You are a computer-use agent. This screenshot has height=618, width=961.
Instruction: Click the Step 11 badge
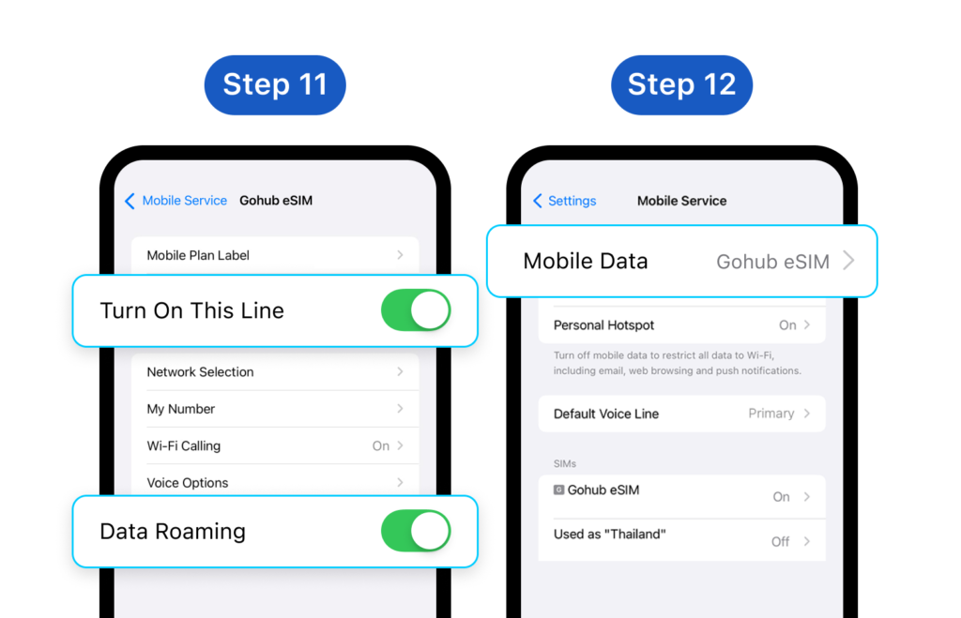(275, 84)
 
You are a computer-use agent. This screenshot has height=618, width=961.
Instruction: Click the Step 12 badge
(681, 84)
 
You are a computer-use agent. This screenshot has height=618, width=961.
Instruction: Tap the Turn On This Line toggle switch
(416, 310)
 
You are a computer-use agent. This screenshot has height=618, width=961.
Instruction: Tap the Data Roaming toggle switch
(416, 531)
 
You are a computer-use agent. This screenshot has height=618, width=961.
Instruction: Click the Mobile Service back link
(175, 201)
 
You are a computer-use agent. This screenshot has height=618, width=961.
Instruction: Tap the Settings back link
(564, 201)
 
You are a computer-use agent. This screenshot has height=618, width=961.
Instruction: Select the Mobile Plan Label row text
(198, 255)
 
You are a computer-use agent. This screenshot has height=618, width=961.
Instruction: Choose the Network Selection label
(200, 371)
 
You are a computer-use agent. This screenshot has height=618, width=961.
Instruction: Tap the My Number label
(181, 409)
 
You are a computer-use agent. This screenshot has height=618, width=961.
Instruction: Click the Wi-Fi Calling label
(183, 445)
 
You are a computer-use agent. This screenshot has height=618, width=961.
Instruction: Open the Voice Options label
(188, 483)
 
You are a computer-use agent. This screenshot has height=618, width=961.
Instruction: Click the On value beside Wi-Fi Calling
(381, 445)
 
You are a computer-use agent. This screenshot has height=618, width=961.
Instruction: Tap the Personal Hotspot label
(603, 325)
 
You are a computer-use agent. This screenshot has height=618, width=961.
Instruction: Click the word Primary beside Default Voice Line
(771, 414)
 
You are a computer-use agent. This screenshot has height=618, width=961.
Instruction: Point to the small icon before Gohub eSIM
(559, 490)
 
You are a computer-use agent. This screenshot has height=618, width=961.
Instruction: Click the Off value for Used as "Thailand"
(780, 541)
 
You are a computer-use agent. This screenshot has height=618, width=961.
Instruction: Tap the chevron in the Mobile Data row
(848, 261)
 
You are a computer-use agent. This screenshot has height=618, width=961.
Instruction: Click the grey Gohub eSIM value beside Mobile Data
(773, 262)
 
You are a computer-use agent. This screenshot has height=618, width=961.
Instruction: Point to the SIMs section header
(564, 463)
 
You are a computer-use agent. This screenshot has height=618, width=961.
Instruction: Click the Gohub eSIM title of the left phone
(276, 201)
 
